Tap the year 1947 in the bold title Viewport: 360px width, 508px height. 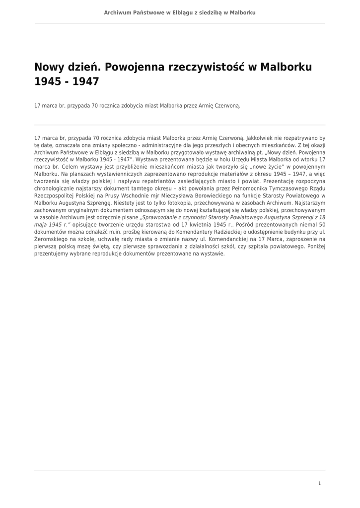(86, 81)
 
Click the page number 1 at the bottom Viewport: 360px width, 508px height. (319, 483)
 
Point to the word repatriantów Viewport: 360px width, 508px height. (164, 181)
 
